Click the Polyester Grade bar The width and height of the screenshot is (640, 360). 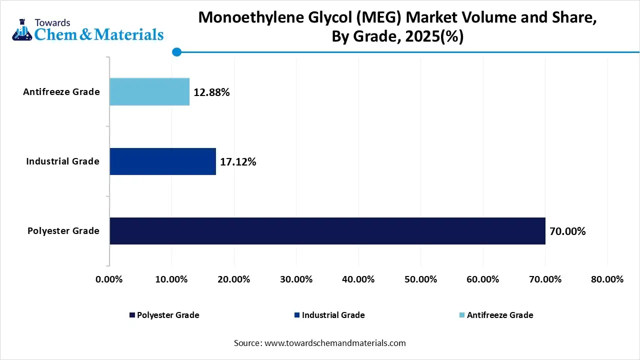[x=327, y=231]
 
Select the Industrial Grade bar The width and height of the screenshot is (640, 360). [x=162, y=161]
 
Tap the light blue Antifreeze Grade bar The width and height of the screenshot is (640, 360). [x=149, y=92]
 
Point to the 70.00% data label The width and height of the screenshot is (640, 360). [x=567, y=231]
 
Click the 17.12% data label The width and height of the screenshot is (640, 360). [x=238, y=162]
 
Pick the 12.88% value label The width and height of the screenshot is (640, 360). [x=211, y=92]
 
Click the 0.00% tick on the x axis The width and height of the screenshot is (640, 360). [x=109, y=279]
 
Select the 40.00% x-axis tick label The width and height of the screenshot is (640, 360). [x=358, y=279]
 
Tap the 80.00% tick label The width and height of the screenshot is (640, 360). [x=607, y=279]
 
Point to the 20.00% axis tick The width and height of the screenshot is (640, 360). [x=233, y=279]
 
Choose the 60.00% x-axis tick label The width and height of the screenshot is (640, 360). [x=482, y=279]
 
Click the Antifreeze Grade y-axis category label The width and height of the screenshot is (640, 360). [x=61, y=92]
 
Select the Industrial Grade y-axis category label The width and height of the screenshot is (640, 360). [x=63, y=161]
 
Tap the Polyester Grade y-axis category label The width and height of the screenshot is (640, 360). [x=63, y=231]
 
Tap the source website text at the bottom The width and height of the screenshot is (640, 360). [x=320, y=343]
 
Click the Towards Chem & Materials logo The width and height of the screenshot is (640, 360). [x=87, y=30]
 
